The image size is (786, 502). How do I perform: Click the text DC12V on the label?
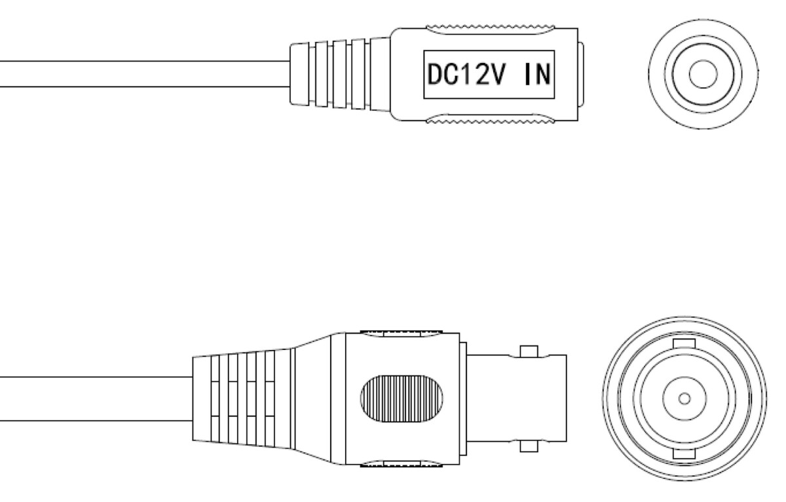point(466,75)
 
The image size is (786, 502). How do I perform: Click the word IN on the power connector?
point(537,75)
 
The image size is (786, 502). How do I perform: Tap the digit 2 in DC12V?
point(482,75)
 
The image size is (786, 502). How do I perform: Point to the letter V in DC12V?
point(498,75)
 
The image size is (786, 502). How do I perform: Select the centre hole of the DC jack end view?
point(703,74)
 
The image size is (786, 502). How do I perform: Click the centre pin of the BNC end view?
point(684,398)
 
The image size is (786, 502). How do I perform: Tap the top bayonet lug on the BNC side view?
point(529,351)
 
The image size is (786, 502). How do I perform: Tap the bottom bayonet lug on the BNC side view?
point(529,446)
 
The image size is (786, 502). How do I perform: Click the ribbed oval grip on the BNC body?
point(402,398)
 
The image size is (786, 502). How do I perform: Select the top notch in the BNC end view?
point(684,343)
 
